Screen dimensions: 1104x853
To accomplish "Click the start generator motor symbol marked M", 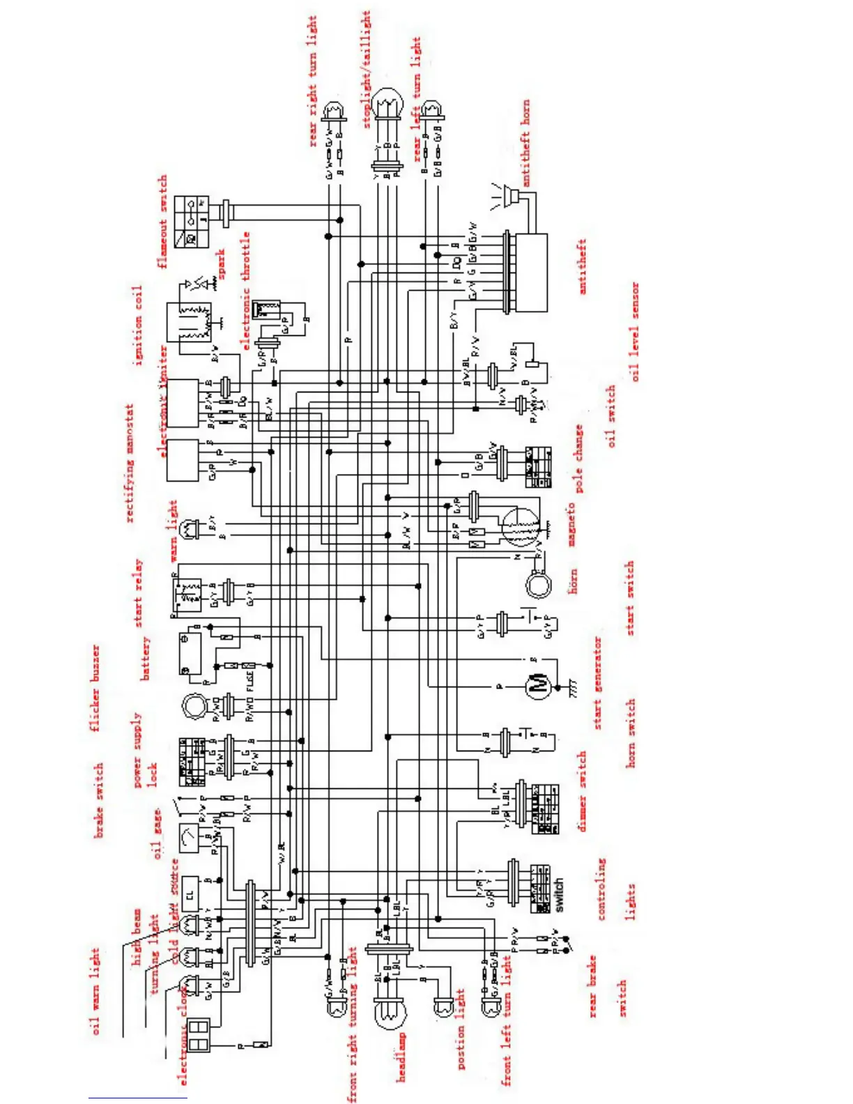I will pos(537,687).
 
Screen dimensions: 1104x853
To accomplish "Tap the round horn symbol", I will pos(538,584).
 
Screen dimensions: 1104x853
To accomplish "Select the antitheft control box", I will pos(530,273).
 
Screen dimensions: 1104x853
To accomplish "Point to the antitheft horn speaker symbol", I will pos(514,197).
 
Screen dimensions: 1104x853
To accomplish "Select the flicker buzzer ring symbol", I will pos(194,706).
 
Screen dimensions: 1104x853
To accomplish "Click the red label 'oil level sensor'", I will pos(634,331).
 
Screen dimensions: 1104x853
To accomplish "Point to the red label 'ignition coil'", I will pos(138,325).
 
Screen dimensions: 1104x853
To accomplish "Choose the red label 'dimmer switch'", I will pos(582,791).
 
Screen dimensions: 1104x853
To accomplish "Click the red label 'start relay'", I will pos(138,593).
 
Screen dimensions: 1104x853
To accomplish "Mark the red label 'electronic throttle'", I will pos(245,291).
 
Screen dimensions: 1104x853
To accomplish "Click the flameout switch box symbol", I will pos(191,222).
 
